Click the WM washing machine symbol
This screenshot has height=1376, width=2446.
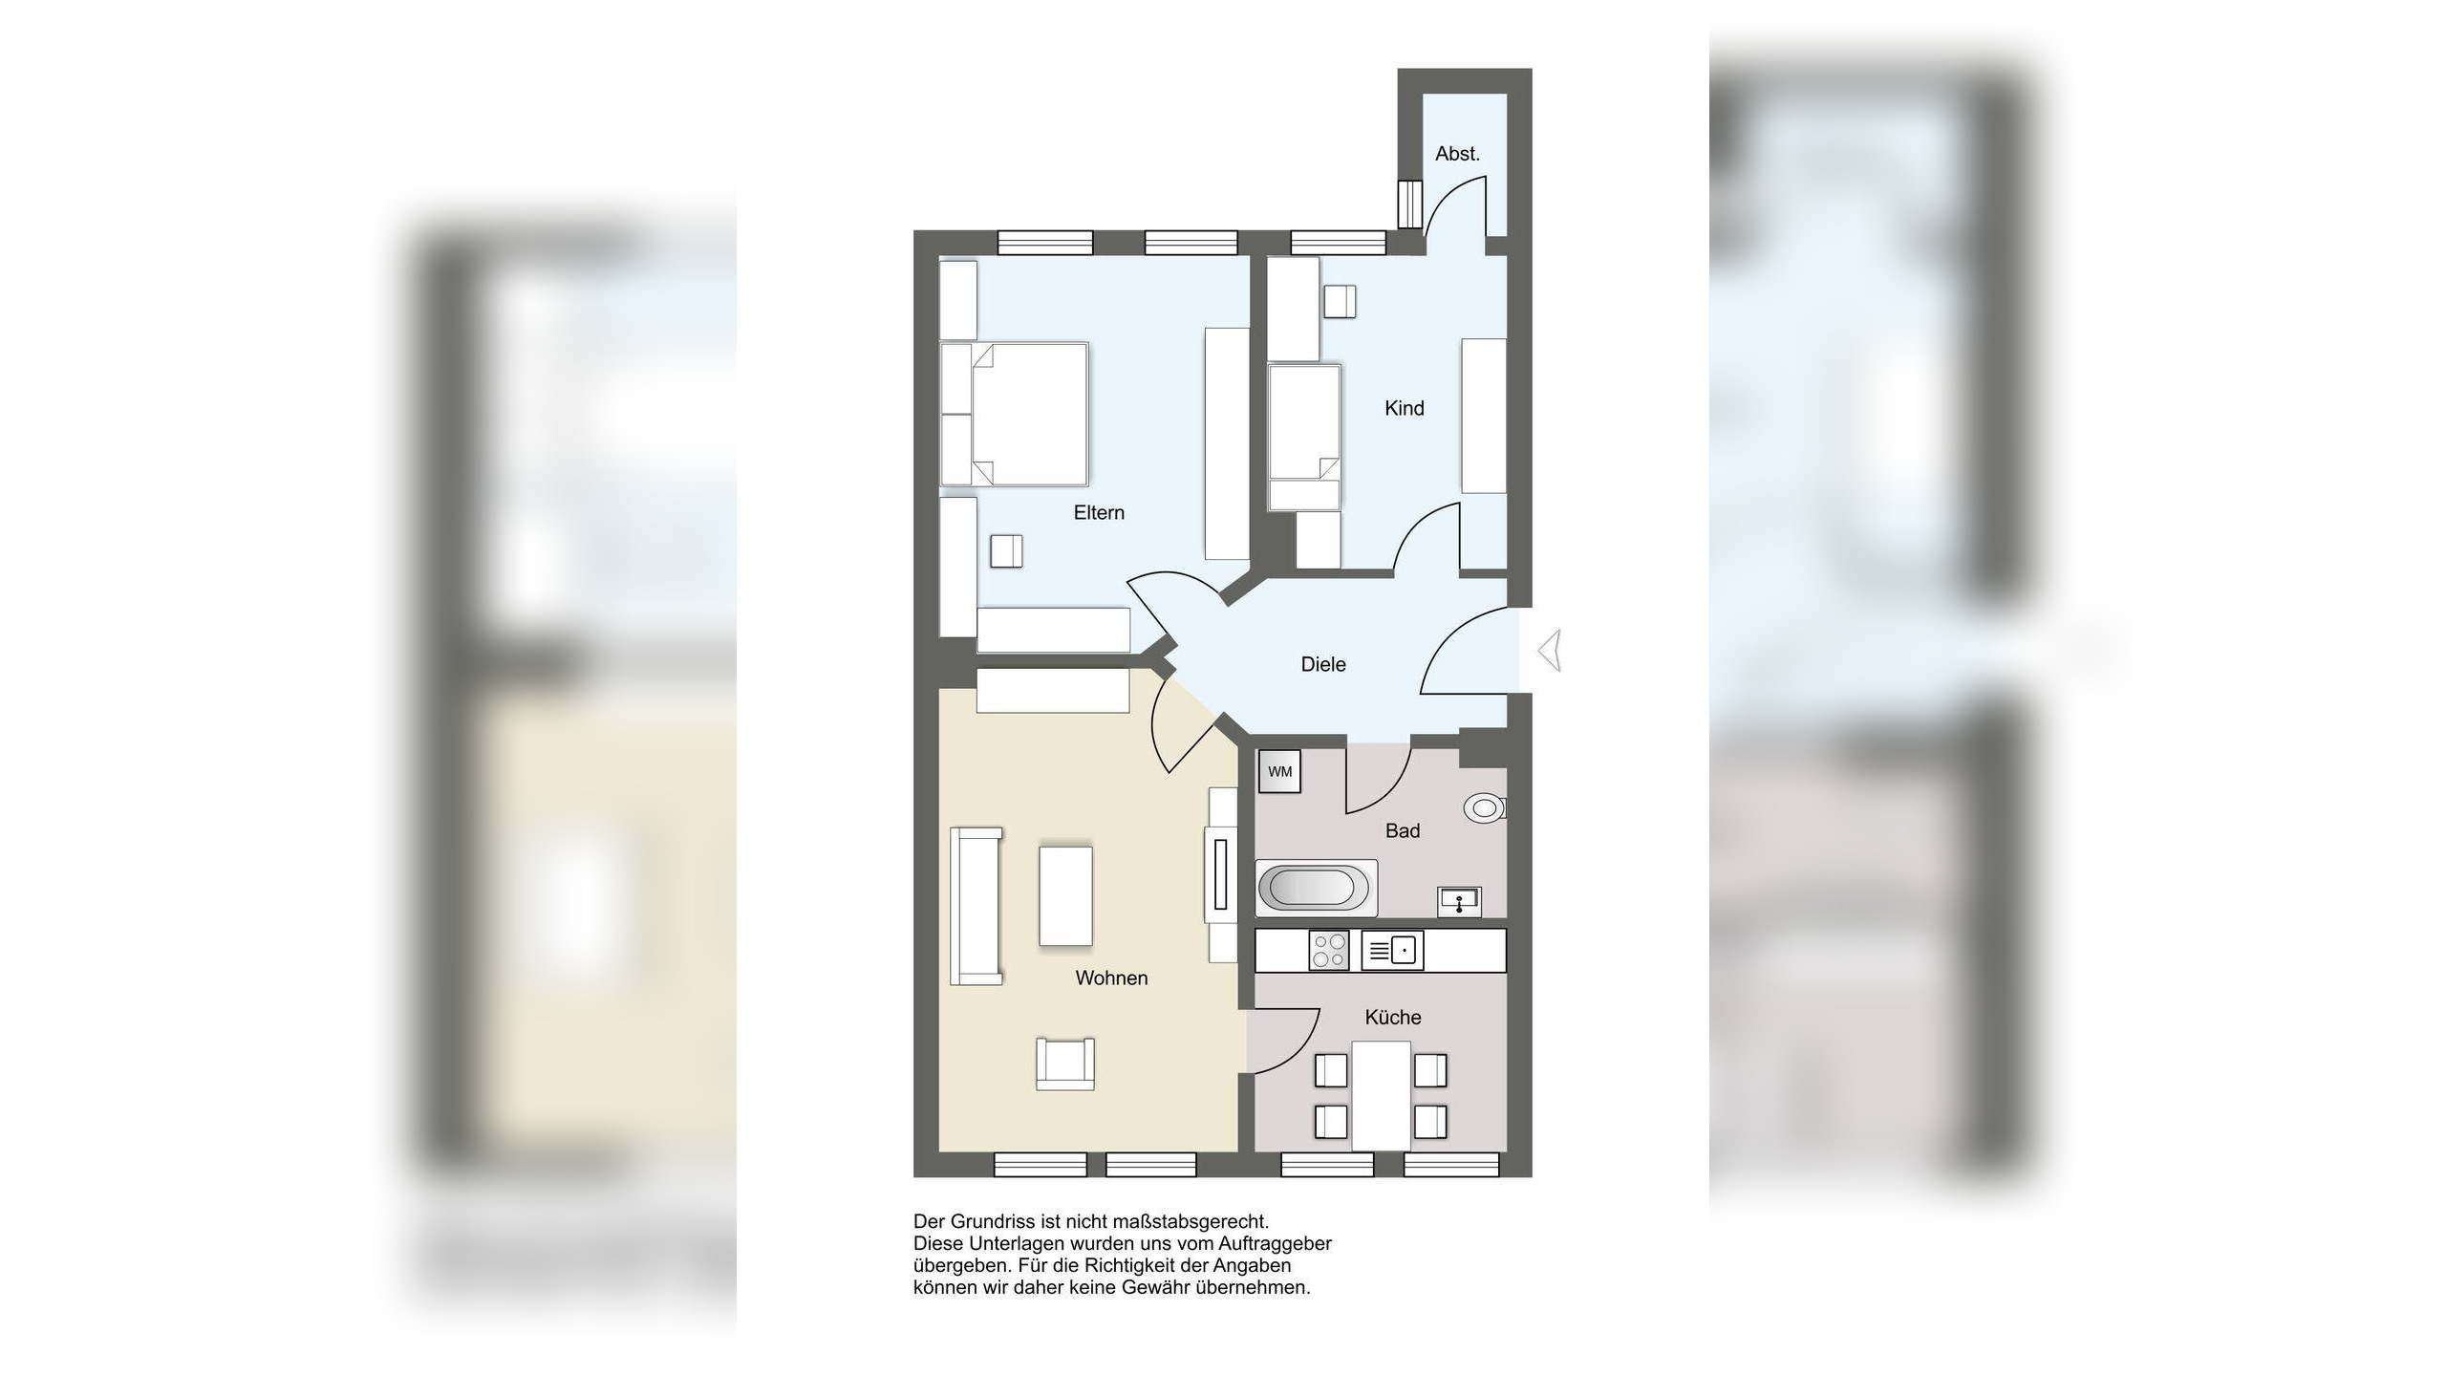point(1279,772)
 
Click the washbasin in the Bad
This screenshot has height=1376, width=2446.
point(1459,900)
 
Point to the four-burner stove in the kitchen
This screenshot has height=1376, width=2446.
point(1329,951)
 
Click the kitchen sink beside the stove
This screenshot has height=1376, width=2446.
point(1392,951)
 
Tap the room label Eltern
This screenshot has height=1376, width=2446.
point(1099,513)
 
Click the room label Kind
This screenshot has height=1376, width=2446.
point(1404,409)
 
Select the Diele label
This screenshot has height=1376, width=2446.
point(1323,665)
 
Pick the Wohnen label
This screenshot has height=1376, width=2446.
point(1111,978)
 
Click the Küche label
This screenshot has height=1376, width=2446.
point(1392,1018)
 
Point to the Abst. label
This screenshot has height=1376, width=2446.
point(1457,154)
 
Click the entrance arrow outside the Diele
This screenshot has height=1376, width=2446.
point(1551,651)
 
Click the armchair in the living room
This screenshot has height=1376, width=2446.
point(1064,1064)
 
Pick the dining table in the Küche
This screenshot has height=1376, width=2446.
point(1381,1095)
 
